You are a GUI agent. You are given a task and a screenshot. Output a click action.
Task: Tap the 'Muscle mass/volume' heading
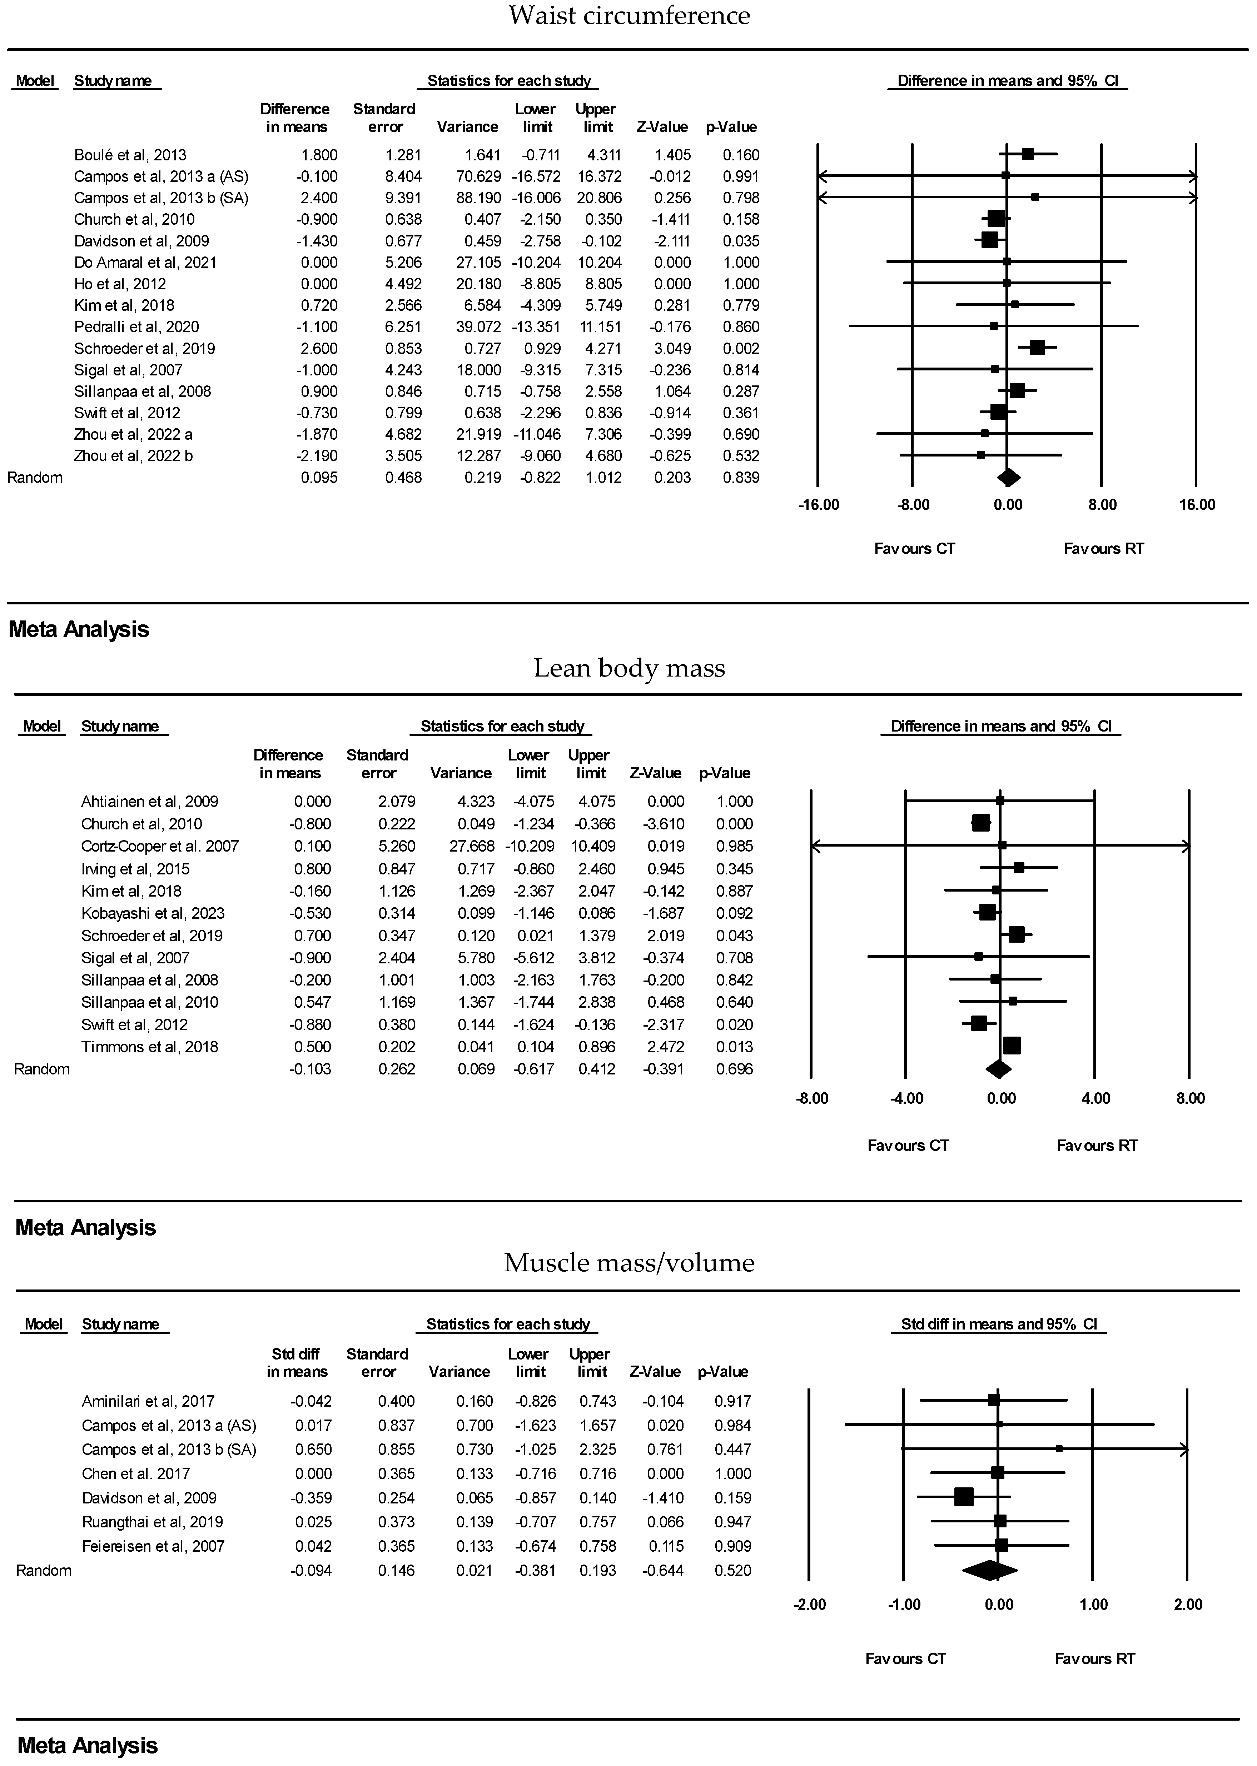click(x=628, y=1262)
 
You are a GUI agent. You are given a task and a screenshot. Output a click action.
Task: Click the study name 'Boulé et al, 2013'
click(x=130, y=155)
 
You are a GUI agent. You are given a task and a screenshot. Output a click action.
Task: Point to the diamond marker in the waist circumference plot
click(x=1009, y=478)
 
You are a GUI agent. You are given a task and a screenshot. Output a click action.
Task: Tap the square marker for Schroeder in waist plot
click(x=1037, y=348)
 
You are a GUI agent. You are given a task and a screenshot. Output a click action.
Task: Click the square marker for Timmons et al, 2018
click(x=1012, y=1046)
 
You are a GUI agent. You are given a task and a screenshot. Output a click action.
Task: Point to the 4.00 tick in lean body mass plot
click(x=1095, y=1098)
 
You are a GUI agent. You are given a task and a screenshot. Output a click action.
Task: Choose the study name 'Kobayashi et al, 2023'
click(x=153, y=913)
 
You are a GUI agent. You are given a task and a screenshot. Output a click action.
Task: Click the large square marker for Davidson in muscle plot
click(x=964, y=1497)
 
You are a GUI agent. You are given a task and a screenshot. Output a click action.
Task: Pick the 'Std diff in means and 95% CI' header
click(x=998, y=1324)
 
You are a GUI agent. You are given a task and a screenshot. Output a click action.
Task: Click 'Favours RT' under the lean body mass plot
click(x=1097, y=1145)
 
